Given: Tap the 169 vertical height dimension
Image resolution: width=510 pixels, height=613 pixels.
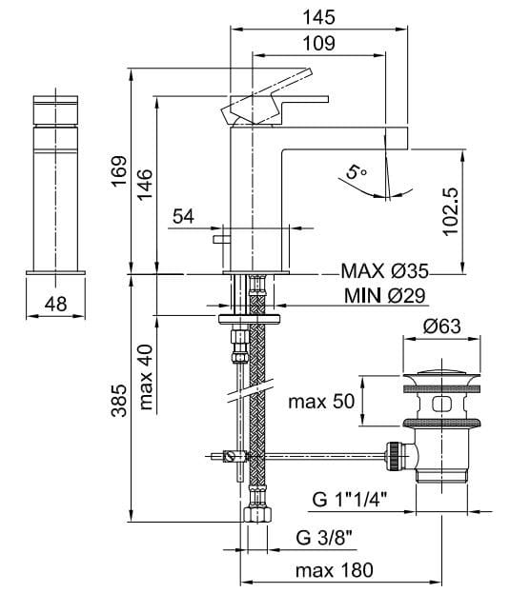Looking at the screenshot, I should tap(117, 172).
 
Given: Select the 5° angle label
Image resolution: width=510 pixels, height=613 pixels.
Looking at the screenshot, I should tap(356, 172).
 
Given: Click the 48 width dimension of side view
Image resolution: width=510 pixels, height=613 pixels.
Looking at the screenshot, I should tap(54, 305).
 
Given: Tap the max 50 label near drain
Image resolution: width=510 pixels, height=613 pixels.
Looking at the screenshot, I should tap(321, 401).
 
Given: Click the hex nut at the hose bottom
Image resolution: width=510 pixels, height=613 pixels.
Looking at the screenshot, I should tap(255, 515).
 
